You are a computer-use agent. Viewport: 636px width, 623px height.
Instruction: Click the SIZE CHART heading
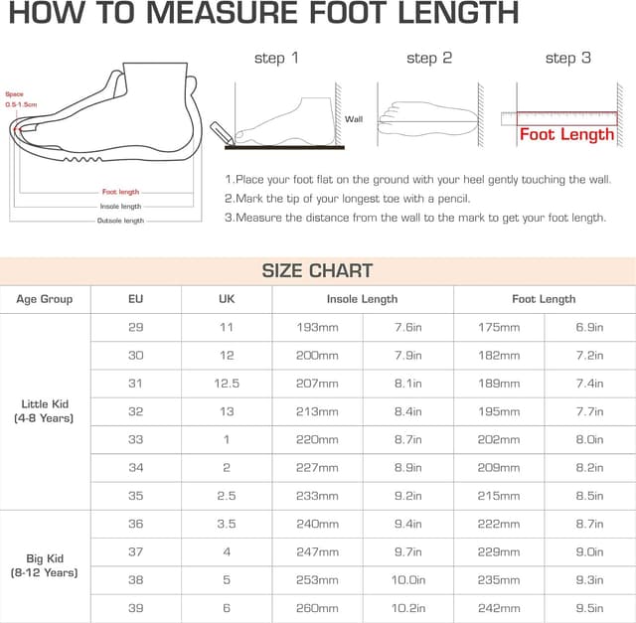pos(317,271)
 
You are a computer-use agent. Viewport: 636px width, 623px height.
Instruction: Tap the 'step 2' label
pos(429,59)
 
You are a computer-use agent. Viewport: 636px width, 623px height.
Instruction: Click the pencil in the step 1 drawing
pos(222,132)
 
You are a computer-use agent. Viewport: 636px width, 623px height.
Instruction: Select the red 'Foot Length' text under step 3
pos(566,135)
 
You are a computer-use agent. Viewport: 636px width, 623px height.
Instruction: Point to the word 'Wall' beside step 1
pos(354,119)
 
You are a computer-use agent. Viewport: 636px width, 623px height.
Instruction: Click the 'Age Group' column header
pos(45,299)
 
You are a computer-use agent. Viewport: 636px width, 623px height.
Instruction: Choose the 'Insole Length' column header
pos(362,299)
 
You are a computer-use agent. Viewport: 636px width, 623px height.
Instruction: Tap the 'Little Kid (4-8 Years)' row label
pos(44,411)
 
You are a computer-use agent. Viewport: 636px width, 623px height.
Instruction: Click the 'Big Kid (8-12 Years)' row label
pos(44,565)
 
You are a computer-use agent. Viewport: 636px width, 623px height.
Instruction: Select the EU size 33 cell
pos(135,439)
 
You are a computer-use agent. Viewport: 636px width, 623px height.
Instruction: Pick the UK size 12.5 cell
pos(227,384)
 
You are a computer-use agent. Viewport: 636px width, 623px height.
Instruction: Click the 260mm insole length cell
pos(317,608)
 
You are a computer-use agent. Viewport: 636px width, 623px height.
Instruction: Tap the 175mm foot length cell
pos(499,327)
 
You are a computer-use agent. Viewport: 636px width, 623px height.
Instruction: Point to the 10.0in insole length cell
pos(408,580)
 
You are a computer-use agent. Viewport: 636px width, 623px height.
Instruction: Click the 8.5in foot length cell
pos(589,496)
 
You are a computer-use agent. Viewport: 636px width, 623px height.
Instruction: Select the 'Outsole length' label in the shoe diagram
pos(120,221)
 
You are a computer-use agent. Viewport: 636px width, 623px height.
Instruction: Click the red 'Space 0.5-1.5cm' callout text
pos(21,99)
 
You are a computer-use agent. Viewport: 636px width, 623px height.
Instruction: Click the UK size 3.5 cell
pos(227,524)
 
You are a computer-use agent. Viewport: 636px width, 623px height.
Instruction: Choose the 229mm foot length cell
pos(499,552)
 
